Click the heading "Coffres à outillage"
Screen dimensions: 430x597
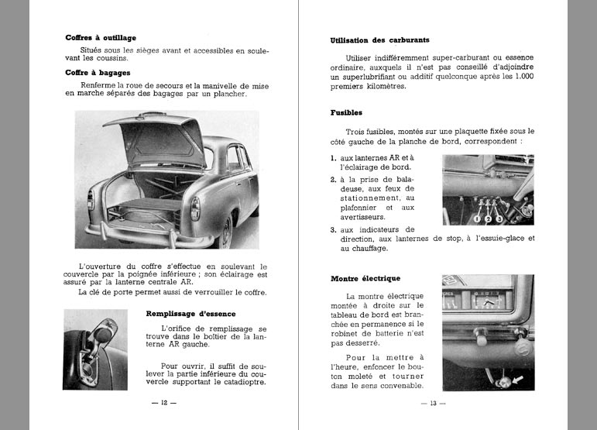coord(101,37)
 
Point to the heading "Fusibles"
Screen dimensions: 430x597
coord(345,112)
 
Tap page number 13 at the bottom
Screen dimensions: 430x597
coord(429,403)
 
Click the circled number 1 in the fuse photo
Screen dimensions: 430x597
coord(478,218)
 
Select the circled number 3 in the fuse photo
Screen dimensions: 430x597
coord(499,218)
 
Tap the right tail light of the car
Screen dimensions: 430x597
coord(194,208)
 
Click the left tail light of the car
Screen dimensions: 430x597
coord(91,199)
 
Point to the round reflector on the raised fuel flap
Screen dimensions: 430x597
coord(103,334)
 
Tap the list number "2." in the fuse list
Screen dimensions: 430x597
coord(333,179)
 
